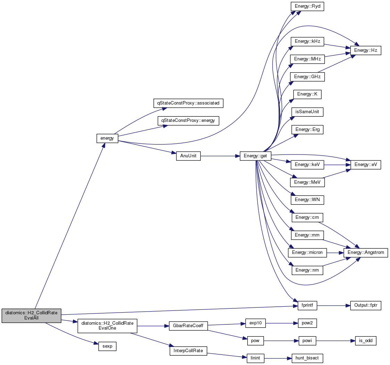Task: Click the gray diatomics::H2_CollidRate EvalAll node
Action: pyautogui.click(x=31, y=315)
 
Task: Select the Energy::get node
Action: pyautogui.click(x=255, y=156)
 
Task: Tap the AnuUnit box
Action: pyautogui.click(x=188, y=156)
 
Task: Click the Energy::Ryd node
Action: pyautogui.click(x=307, y=6)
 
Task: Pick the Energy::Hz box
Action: pyautogui.click(x=366, y=50)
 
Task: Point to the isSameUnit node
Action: pyautogui.click(x=307, y=112)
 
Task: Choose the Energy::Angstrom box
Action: pyautogui.click(x=366, y=252)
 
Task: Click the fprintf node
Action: pyautogui.click(x=307, y=306)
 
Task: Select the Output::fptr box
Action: pyautogui.click(x=366, y=306)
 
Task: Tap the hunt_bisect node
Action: pyautogui.click(x=307, y=358)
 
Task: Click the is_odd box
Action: pyautogui.click(x=366, y=341)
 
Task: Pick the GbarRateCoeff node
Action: pyautogui.click(x=188, y=326)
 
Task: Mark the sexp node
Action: pyautogui.click(x=107, y=346)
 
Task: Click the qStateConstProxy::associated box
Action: pyautogui.click(x=188, y=103)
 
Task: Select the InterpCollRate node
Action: pyautogui.click(x=188, y=351)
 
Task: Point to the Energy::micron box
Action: pyautogui.click(x=307, y=252)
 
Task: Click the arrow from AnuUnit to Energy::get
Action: pyautogui.click(x=220, y=156)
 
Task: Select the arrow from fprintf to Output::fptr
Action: pyautogui.click(x=333, y=306)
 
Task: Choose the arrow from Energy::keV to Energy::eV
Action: pyautogui.click(x=337, y=165)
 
